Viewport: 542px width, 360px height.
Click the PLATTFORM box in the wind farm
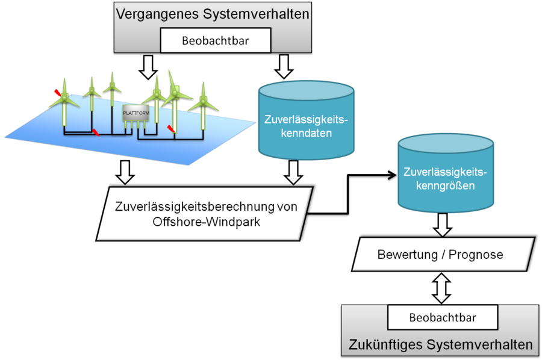pyautogui.click(x=134, y=114)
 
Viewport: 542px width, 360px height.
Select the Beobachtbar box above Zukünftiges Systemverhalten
pyautogui.click(x=443, y=317)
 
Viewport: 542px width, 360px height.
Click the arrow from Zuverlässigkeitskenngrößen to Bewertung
pyautogui.click(x=442, y=225)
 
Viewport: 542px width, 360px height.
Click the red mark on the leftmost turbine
pyautogui.click(x=58, y=93)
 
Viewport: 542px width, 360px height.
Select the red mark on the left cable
pyautogui.click(x=96, y=132)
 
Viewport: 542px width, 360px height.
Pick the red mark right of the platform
pyautogui.click(x=172, y=129)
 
